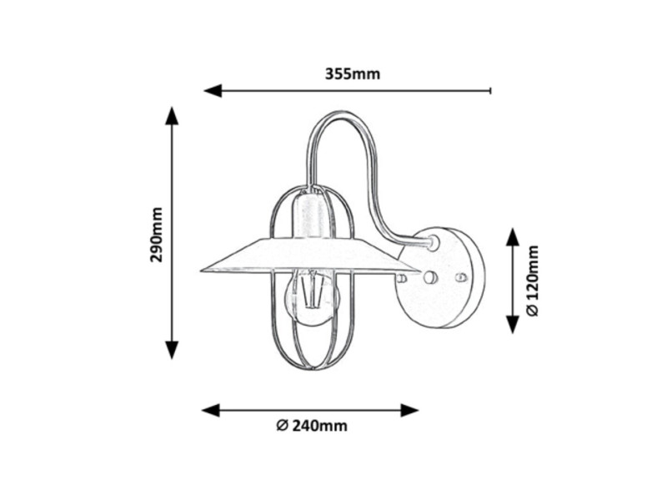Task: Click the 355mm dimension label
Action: [352, 74]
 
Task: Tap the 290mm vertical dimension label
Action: [157, 235]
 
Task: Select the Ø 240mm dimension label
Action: [312, 426]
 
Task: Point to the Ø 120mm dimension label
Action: [532, 281]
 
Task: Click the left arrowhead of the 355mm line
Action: [213, 91]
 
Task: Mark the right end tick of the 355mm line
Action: [491, 91]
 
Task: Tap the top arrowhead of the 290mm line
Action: [172, 115]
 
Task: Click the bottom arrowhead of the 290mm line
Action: [172, 350]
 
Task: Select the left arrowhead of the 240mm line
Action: [211, 411]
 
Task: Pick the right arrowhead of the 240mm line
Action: [409, 411]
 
